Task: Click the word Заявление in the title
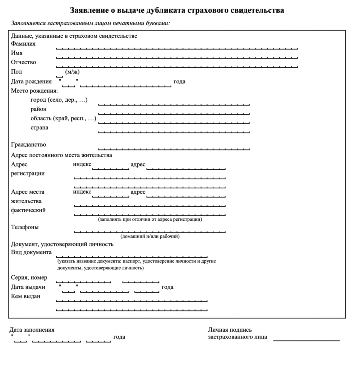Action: click(x=89, y=10)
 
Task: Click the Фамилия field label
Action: click(x=23, y=44)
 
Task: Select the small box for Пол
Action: click(x=59, y=75)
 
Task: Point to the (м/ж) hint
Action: click(x=72, y=72)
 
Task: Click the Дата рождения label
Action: click(x=32, y=82)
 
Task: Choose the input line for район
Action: click(x=174, y=113)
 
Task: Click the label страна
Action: click(x=40, y=128)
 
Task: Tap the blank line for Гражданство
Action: click(x=174, y=148)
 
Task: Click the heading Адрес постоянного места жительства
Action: click(x=61, y=155)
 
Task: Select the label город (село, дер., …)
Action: click(x=59, y=100)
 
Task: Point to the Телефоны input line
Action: click(x=150, y=231)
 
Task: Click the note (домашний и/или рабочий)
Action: click(x=150, y=236)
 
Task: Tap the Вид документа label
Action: click(x=32, y=252)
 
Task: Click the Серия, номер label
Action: click(x=29, y=278)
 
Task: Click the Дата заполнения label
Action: click(x=32, y=330)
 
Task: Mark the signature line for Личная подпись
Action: click(x=306, y=340)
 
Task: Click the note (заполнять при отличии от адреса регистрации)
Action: click(x=150, y=219)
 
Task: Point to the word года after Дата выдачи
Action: click(x=167, y=287)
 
